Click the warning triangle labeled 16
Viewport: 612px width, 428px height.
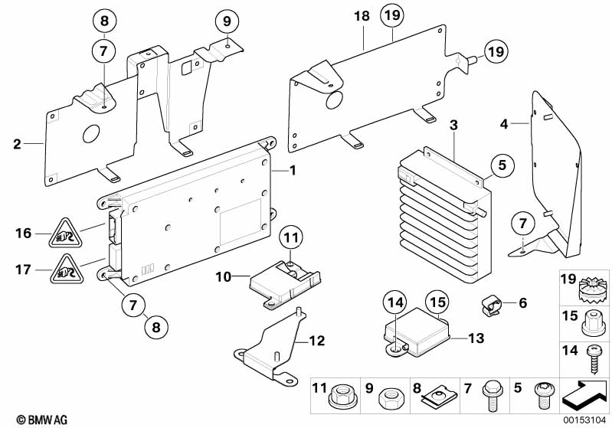(65, 234)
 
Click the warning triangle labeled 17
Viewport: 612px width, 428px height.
(67, 270)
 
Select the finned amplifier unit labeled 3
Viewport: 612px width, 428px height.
(445, 214)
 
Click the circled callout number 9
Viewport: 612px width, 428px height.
(227, 21)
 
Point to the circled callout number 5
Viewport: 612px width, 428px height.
(502, 165)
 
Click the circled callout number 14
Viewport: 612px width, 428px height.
(394, 303)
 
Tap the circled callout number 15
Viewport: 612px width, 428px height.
(437, 302)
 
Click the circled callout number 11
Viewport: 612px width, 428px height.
(291, 237)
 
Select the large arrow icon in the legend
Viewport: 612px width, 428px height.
(584, 395)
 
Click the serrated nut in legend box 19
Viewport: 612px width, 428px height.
(593, 289)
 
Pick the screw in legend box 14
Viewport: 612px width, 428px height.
(593, 359)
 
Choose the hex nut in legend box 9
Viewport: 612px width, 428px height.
(391, 399)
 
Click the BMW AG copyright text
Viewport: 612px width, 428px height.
(42, 420)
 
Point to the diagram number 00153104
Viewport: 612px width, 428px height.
(583, 420)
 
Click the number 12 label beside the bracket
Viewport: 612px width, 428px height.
(316, 341)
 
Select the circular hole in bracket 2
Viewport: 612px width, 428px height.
(92, 135)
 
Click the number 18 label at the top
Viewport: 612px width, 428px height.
(362, 16)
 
